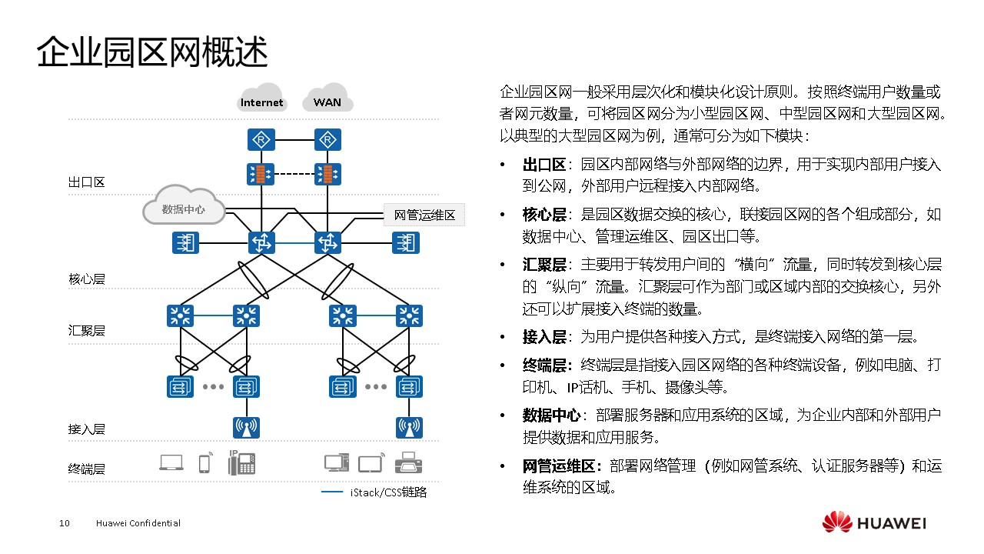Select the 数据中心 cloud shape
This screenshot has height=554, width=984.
click(x=183, y=208)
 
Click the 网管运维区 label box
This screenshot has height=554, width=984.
click(x=424, y=215)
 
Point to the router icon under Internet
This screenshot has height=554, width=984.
click(x=262, y=140)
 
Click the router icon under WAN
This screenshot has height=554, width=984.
click(x=327, y=140)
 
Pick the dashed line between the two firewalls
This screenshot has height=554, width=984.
click(x=294, y=174)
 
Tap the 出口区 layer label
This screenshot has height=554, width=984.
click(x=86, y=183)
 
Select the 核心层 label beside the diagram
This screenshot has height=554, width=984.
click(x=86, y=279)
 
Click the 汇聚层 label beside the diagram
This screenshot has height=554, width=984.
click(x=86, y=331)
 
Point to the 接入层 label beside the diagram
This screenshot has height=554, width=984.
click(x=86, y=429)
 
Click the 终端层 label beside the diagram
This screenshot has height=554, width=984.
click(x=86, y=469)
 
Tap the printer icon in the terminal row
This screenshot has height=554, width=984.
click(x=408, y=463)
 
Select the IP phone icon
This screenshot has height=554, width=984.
click(x=241, y=462)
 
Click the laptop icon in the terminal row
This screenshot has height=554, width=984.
click(x=171, y=462)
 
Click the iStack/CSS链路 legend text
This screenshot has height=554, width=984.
click(x=388, y=492)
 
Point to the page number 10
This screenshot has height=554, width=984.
click(x=65, y=523)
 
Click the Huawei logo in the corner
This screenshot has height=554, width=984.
click(x=874, y=522)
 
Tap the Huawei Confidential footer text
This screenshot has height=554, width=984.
click(x=138, y=523)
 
